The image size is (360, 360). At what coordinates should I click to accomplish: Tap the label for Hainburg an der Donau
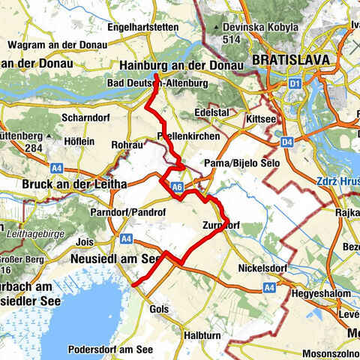point(182,66)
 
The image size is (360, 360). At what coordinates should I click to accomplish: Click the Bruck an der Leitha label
point(65,184)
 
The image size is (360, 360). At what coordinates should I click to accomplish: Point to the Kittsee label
point(259,120)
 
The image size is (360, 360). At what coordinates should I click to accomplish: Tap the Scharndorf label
point(87,118)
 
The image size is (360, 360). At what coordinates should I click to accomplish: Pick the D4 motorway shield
point(288,141)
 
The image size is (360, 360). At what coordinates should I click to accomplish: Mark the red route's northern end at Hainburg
point(156,76)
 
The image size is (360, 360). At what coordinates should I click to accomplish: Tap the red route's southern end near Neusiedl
point(133,285)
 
